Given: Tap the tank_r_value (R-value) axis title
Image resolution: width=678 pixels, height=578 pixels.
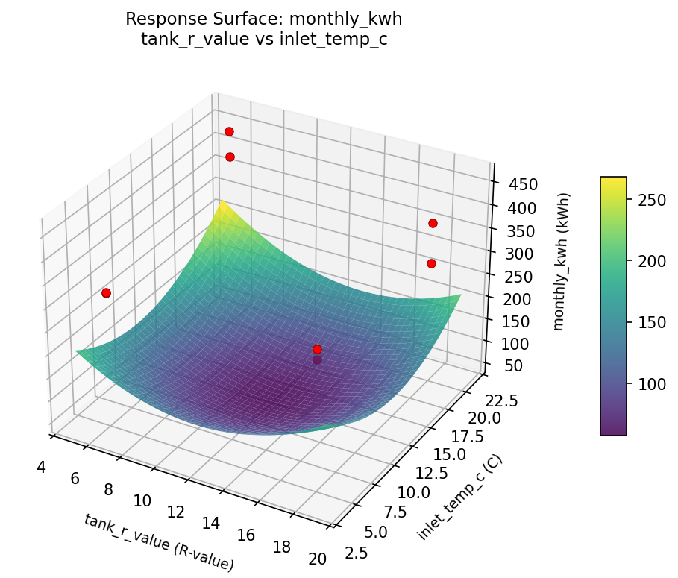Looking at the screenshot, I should pos(159,542).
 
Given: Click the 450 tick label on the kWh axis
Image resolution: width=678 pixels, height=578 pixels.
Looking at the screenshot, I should pos(520,185).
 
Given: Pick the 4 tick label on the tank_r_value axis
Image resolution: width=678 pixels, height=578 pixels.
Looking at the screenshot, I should pos(41,468).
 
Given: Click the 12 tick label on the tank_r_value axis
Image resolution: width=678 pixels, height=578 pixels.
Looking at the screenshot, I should pos(175,512).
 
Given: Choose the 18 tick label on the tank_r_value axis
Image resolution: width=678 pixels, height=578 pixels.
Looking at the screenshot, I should pos(282,547).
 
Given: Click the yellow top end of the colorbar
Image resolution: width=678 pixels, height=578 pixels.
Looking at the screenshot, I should pos(613,180).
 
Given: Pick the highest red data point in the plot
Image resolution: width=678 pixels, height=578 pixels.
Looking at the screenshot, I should pos(229,131).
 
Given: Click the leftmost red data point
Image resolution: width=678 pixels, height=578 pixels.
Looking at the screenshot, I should pos(106,293).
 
